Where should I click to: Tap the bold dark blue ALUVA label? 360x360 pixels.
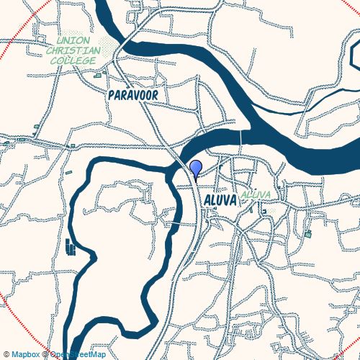[220, 199]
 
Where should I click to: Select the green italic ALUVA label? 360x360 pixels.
[256, 195]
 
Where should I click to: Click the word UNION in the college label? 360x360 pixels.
[72, 42]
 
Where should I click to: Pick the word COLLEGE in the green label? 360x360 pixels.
[73, 61]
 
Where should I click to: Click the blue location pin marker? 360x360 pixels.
[195, 168]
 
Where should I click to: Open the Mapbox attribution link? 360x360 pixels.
[24, 354]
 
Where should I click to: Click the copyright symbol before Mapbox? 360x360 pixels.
[6, 354]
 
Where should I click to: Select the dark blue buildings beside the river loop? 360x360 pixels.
[70, 247]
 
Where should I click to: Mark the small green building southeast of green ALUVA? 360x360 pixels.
[308, 234]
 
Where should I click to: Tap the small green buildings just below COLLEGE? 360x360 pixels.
[97, 74]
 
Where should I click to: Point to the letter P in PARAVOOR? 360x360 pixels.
[111, 95]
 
